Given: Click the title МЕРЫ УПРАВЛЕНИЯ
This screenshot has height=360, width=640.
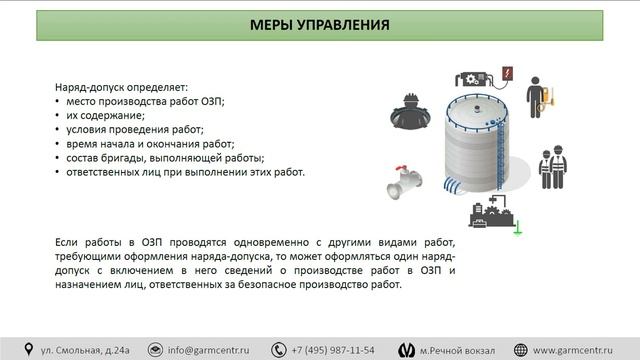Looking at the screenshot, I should coord(320,24).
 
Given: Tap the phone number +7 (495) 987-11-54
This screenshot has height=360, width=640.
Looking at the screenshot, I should coord(333,349).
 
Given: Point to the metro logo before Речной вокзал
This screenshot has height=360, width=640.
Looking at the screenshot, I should coord(406,349).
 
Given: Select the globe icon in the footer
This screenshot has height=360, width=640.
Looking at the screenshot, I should coord(520,349).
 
